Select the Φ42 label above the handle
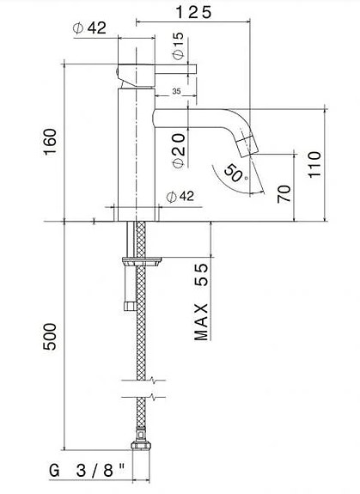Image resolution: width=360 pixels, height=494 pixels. [89, 27]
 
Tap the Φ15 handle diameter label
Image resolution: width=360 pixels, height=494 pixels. [178, 46]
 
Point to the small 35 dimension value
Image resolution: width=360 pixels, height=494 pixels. [175, 90]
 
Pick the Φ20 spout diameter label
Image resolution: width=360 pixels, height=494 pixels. [178, 147]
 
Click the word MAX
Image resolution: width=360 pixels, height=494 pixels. [203, 320]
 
